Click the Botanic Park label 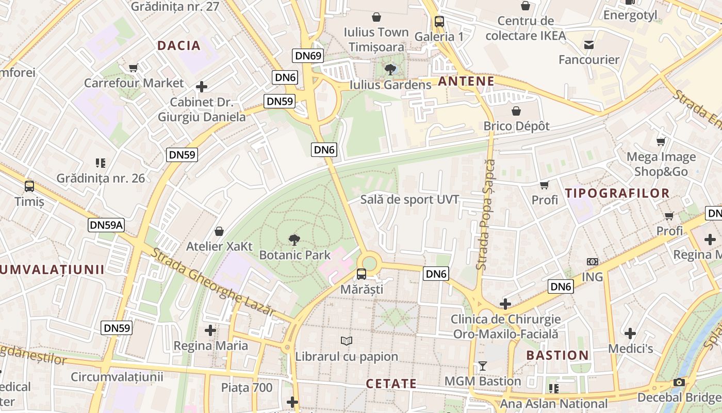tap(294, 255)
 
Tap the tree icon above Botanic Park tap(294, 240)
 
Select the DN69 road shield tap(308, 56)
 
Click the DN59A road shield tap(107, 225)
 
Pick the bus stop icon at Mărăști tap(362, 274)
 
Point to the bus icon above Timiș tap(29, 186)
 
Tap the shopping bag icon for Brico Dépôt tap(516, 111)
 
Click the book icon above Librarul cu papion tap(347, 341)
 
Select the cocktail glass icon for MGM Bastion tap(483, 366)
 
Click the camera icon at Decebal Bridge tap(679, 383)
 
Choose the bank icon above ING tap(592, 262)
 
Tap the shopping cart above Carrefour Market tap(134, 68)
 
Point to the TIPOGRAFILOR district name tap(617, 194)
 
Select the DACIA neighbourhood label tap(179, 45)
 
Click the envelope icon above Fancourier tap(589, 45)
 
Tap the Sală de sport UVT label tap(409, 200)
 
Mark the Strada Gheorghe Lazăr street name tap(212, 281)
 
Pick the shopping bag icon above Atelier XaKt tap(219, 231)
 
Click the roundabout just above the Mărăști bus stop tap(370, 263)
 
